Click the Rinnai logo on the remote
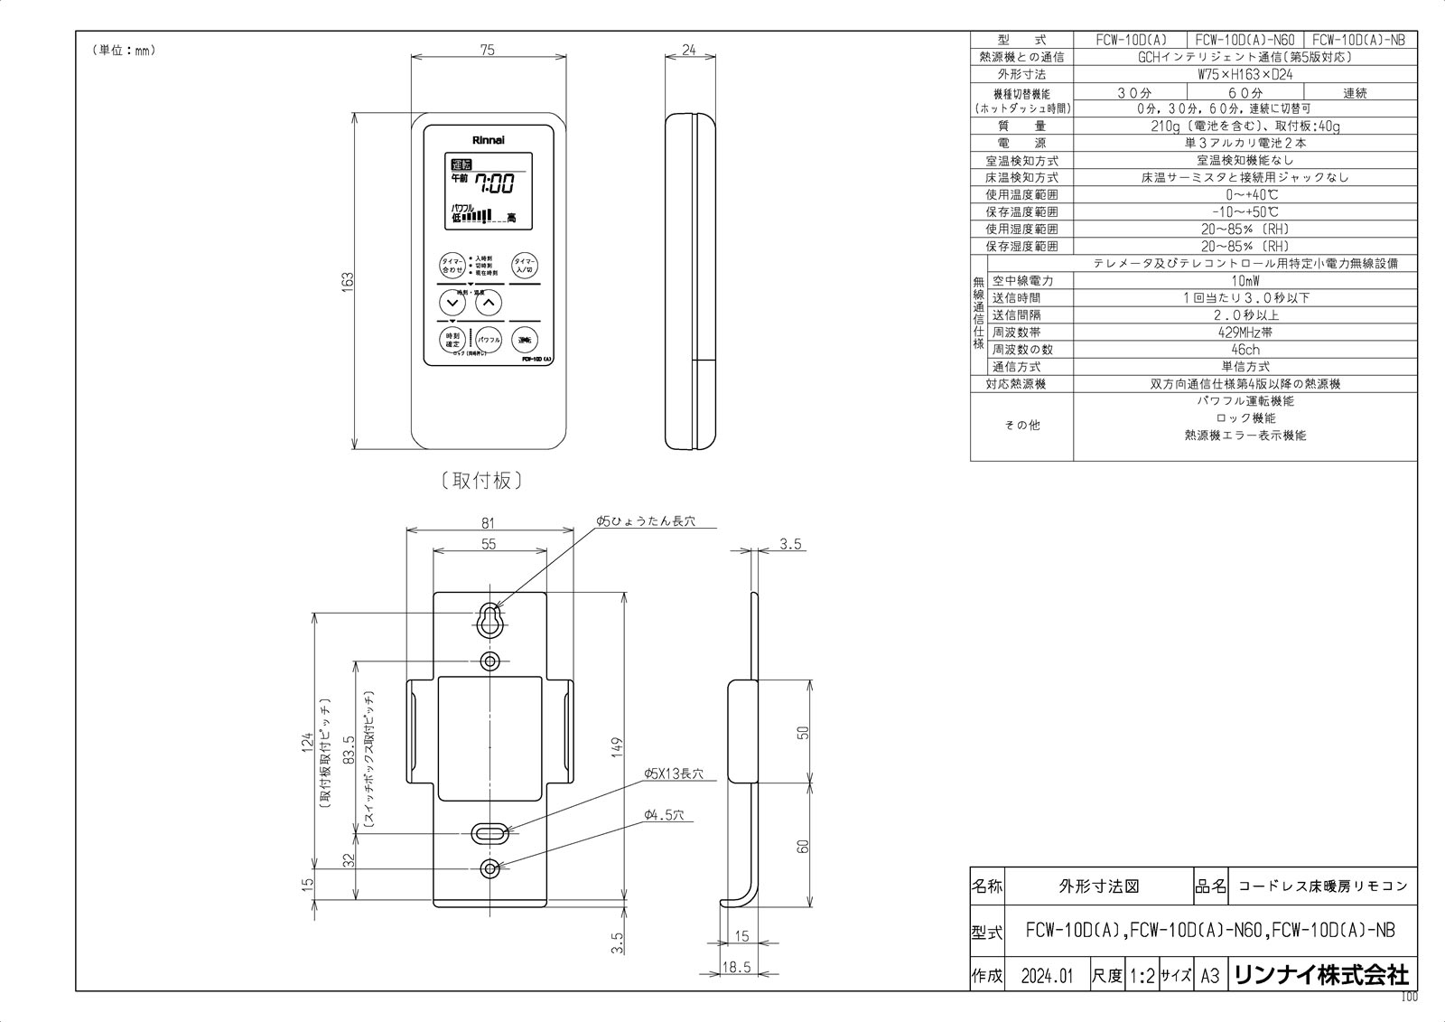[x=489, y=141]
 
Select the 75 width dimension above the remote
[x=488, y=52]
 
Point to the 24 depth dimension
[x=689, y=52]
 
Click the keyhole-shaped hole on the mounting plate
[x=489, y=618]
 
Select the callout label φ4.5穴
[x=664, y=815]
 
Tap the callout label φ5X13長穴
[x=673, y=774]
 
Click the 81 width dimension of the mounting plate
[x=489, y=523]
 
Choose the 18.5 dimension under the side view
[x=736, y=967]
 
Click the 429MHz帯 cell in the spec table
[x=1245, y=332]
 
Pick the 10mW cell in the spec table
[x=1245, y=280]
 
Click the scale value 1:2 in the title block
[x=1142, y=976]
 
